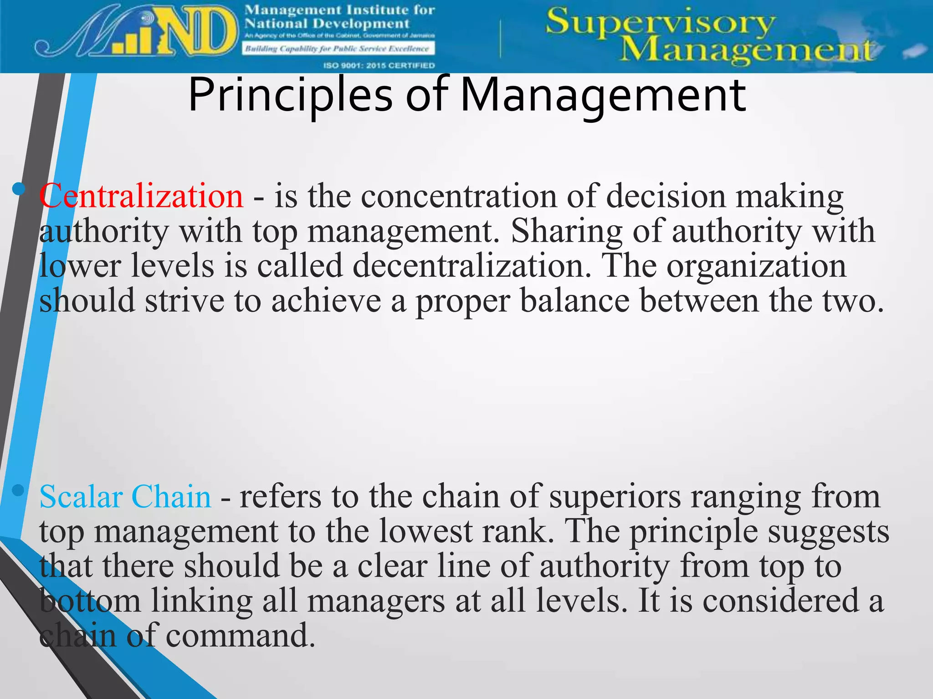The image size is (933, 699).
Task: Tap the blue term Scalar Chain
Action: (x=125, y=496)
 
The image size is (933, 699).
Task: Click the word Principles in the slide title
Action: (x=290, y=96)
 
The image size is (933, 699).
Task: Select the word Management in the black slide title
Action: (x=603, y=96)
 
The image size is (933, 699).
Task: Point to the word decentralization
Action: (x=472, y=266)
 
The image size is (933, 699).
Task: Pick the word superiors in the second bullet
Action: (x=615, y=496)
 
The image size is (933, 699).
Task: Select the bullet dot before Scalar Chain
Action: (x=19, y=490)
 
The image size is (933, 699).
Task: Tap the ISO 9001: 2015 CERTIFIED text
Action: (x=379, y=66)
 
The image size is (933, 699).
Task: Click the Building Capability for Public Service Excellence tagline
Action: (x=337, y=49)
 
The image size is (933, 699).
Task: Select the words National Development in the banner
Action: (x=327, y=24)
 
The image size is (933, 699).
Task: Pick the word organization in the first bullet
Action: (x=756, y=266)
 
